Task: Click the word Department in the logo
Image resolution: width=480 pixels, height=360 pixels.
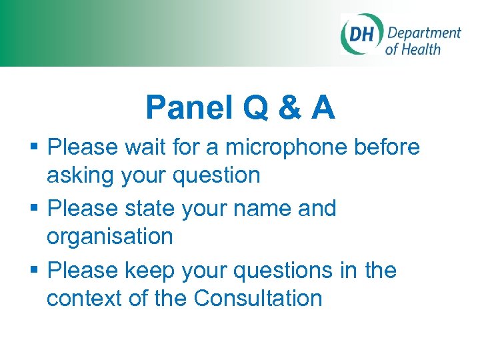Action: [x=424, y=33]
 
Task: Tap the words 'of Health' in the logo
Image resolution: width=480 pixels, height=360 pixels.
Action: [x=413, y=49]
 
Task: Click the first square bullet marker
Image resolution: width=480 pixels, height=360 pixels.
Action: [x=37, y=147]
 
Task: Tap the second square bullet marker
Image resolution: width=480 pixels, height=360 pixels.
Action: [x=37, y=209]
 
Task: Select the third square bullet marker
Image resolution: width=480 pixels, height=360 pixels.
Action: [x=37, y=271]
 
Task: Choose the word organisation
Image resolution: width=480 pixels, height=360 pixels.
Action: [x=109, y=237]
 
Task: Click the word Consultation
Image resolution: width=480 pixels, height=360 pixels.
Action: [x=258, y=298]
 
